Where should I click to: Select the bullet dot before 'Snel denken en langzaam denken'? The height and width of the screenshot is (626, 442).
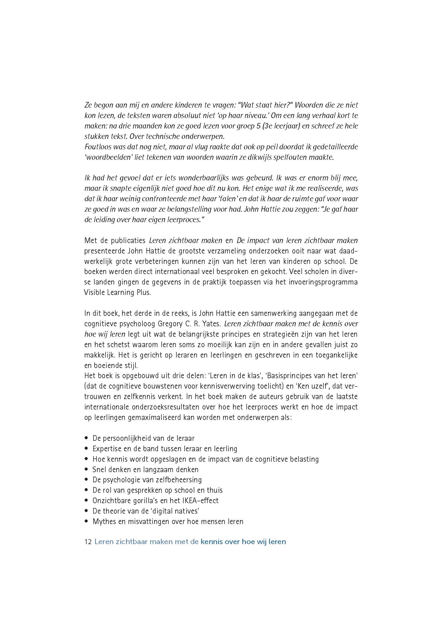(86, 469)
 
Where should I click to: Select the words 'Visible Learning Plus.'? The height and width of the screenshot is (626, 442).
(117, 293)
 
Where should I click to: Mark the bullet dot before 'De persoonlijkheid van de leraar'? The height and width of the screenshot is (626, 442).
(86, 438)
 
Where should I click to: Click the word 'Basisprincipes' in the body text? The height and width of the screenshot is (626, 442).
(289, 376)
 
